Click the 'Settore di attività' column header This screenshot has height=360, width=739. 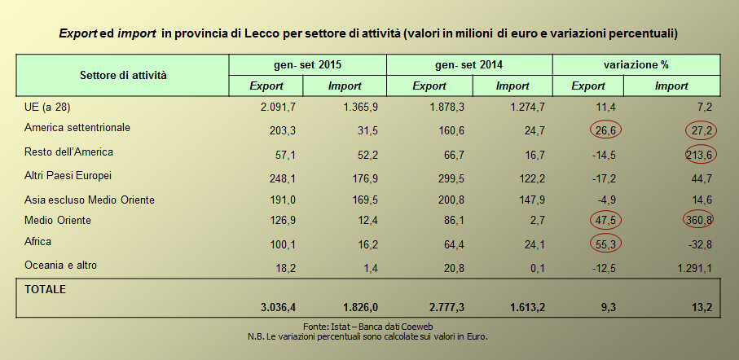tap(123, 75)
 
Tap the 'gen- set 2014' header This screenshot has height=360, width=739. tap(469, 64)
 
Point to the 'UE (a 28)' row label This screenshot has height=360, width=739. tap(47, 106)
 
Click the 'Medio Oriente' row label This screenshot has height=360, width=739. tap(58, 221)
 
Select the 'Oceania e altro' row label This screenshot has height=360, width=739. tap(63, 266)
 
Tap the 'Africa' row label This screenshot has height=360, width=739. tap(39, 242)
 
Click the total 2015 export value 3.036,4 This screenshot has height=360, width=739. tap(278, 307)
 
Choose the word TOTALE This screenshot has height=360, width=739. tap(46, 289)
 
